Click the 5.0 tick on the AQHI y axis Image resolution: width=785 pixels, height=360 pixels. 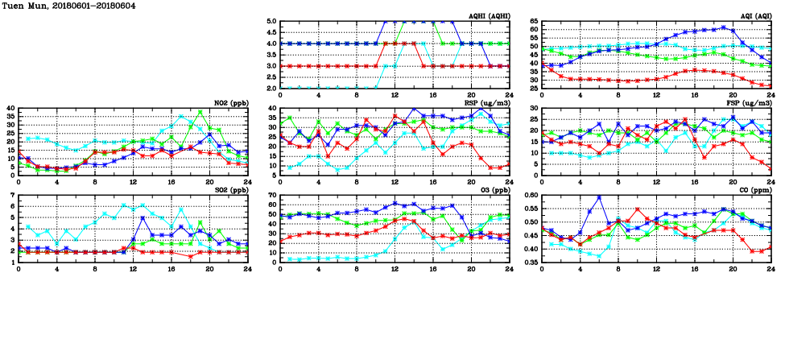[273, 22]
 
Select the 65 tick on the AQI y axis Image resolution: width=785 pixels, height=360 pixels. [533, 22]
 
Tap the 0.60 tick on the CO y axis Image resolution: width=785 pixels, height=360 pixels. [531, 196]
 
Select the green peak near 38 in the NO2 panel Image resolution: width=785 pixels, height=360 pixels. [200, 112]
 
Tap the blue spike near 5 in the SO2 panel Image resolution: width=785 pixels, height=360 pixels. [143, 217]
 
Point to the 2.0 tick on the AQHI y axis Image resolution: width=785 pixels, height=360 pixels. [273, 89]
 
